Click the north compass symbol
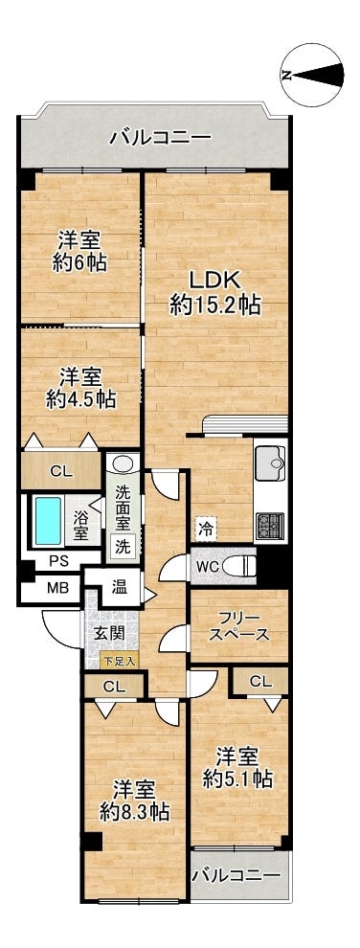pos(311,75)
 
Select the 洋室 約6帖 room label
pos(79,251)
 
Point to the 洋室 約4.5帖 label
pos(79,387)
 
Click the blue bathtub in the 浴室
pos(47,519)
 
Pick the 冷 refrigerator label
pos(207,527)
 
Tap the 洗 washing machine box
pos(123,547)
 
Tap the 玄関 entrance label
pos(108,633)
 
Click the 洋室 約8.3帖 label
pos(134,801)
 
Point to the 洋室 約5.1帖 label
pos(239,765)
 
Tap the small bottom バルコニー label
pos(236,873)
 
